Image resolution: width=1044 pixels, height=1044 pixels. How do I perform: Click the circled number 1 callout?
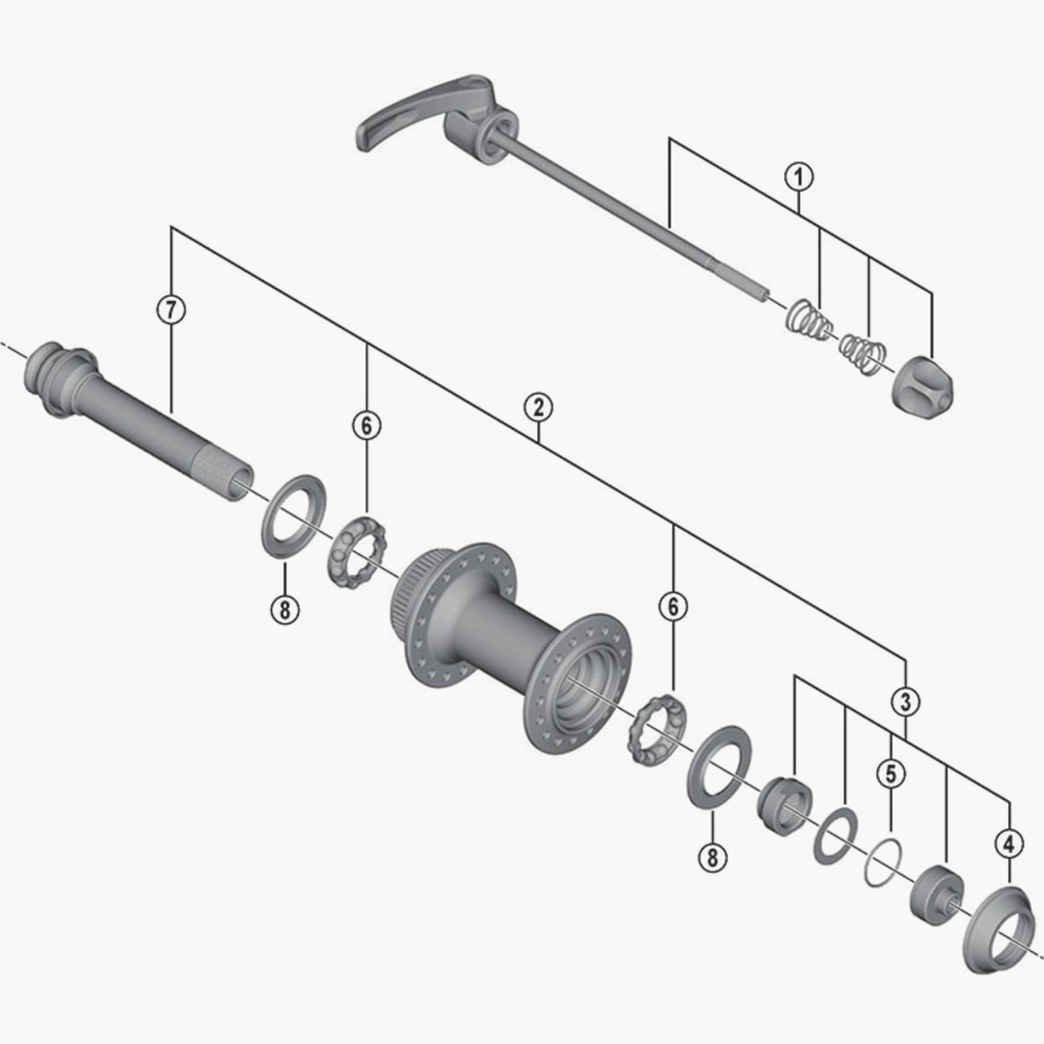tap(799, 177)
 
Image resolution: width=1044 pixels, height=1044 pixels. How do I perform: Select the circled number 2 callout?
tap(539, 406)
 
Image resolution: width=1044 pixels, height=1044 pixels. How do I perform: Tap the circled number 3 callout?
tap(906, 700)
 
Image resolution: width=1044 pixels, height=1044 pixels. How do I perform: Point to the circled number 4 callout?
tap(1007, 843)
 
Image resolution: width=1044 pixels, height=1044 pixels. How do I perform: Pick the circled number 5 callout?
tap(890, 771)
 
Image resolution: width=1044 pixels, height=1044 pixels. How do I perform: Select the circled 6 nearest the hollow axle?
tap(366, 425)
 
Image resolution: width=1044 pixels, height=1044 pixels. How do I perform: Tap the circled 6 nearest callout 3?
tap(673, 606)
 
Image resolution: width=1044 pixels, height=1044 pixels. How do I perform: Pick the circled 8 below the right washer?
tap(712, 857)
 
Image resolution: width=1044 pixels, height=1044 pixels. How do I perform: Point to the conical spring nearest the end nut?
tap(863, 350)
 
